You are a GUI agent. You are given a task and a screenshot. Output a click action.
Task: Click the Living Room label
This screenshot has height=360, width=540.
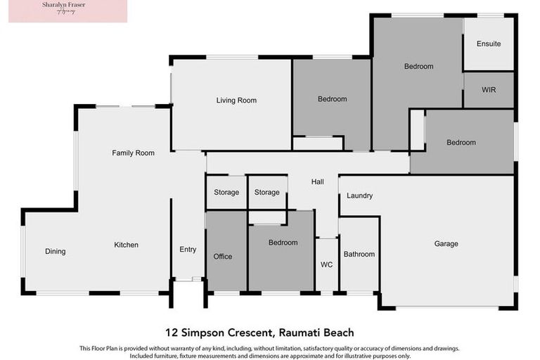(236, 101)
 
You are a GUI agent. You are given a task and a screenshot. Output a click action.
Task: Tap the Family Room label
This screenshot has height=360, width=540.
(133, 153)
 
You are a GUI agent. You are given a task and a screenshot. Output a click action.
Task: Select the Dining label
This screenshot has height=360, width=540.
(56, 251)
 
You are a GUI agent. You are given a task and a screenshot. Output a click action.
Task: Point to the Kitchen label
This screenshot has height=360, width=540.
(127, 245)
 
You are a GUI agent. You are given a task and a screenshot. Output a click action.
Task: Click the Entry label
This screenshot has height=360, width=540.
(188, 250)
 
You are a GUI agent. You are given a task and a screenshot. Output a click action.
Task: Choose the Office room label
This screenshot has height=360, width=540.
(223, 257)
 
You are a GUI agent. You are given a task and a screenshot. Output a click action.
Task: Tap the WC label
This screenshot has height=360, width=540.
(326, 265)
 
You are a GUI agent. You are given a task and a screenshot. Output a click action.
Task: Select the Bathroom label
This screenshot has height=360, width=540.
(359, 254)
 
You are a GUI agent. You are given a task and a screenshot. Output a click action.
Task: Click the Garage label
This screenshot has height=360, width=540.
(446, 244)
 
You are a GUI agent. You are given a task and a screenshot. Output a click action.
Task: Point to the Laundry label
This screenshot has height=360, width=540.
(359, 195)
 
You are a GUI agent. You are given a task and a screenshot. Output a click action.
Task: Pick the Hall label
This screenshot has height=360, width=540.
(317, 182)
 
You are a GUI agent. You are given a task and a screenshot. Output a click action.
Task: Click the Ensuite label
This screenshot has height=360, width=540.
(489, 44)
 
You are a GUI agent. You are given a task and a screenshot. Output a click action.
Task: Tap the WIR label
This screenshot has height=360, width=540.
(489, 91)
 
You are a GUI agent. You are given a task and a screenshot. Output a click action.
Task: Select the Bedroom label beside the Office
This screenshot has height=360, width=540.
(283, 243)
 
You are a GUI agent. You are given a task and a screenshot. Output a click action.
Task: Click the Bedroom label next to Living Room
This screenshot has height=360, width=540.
(332, 99)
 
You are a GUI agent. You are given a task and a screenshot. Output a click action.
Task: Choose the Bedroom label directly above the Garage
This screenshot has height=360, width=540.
(461, 143)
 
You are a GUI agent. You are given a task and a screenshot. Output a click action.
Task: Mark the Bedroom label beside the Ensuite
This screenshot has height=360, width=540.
(418, 66)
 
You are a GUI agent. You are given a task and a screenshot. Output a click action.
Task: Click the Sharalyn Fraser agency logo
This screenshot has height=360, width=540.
(67, 11)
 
